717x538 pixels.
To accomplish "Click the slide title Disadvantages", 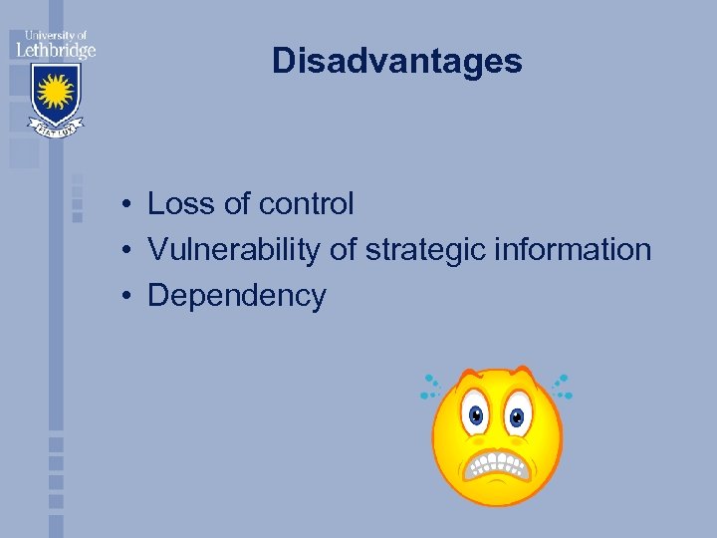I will coord(396,62).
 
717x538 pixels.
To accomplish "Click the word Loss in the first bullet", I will coord(181,204).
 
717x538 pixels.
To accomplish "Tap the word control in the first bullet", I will coord(306,204).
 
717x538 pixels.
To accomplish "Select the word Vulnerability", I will coord(235,250).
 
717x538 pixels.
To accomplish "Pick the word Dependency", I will coord(236,296).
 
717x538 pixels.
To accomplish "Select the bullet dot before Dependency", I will coord(129,297).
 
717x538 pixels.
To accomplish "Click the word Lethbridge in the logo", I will coord(54,49).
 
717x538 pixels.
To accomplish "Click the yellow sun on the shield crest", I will coord(54,93).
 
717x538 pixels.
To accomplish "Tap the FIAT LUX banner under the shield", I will coord(54,129).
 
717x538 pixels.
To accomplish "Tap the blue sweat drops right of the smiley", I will coord(563,386).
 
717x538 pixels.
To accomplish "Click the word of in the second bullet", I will coord(342,250).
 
